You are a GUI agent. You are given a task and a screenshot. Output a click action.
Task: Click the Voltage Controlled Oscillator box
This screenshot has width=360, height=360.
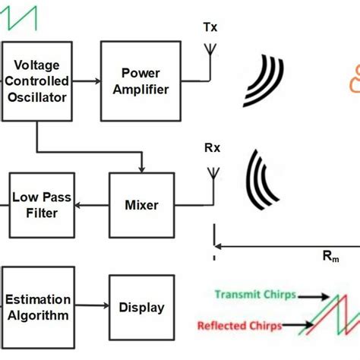tap(37, 81)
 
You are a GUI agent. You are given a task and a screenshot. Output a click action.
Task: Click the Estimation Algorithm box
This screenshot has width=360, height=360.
tap(38, 307)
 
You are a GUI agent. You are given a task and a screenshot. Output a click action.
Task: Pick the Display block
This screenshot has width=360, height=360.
tap(141, 307)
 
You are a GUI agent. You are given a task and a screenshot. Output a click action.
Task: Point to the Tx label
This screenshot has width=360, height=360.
tap(210, 28)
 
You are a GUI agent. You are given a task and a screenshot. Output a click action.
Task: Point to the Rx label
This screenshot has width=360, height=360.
tap(212, 148)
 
